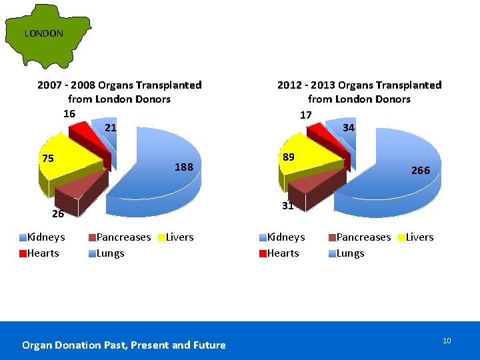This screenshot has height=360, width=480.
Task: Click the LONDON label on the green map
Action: click(x=44, y=33)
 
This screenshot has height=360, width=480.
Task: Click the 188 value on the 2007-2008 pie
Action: click(x=184, y=167)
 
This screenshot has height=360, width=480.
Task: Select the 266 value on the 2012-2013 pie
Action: click(x=421, y=170)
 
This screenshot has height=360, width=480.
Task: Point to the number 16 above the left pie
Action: click(x=69, y=114)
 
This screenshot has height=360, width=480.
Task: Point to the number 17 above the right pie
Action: click(x=306, y=115)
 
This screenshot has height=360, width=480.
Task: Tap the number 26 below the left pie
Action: click(x=58, y=214)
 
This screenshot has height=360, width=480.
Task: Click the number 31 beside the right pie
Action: click(x=288, y=206)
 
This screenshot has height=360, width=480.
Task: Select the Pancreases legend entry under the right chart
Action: click(x=360, y=237)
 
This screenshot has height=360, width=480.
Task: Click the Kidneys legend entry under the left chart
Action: click(x=42, y=237)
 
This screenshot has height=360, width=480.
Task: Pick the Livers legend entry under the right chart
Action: click(x=416, y=237)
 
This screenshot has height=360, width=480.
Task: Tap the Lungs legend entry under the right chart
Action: click(x=347, y=253)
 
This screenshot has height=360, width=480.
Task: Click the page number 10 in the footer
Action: click(x=447, y=341)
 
